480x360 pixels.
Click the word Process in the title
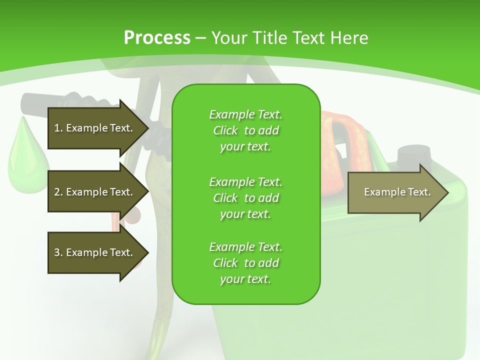click(157, 38)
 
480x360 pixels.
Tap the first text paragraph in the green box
click(245, 130)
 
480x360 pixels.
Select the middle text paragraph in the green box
click(245, 198)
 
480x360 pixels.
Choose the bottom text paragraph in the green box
click(245, 263)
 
